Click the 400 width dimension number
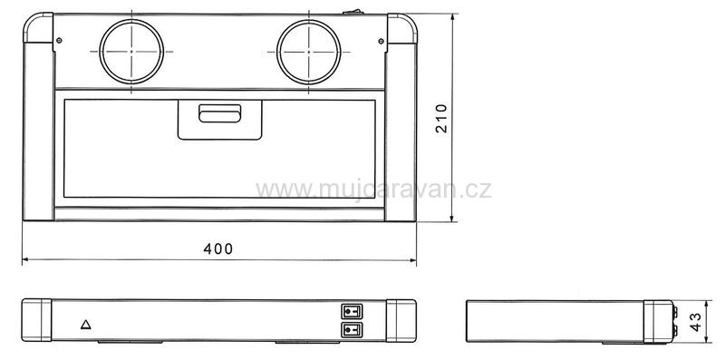coord(218,249)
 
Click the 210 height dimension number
coord(441,119)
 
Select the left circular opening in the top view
coord(131,52)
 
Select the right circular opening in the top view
coord(309,52)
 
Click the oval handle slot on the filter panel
coord(219,113)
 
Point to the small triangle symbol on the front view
coord(85,325)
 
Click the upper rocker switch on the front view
coord(352,311)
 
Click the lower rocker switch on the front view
coord(352,330)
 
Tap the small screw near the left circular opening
coord(59,40)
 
